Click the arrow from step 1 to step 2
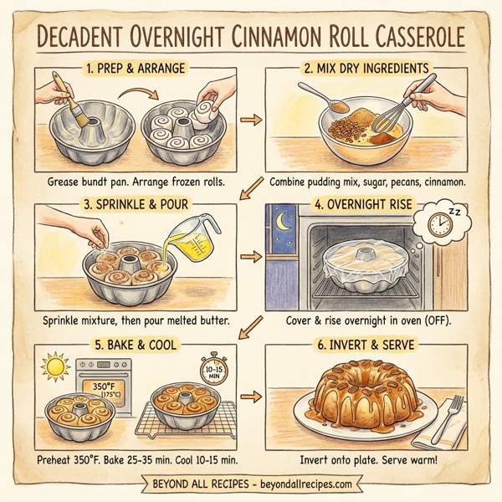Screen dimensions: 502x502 (248, 121)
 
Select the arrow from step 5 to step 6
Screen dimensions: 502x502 (248, 395)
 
